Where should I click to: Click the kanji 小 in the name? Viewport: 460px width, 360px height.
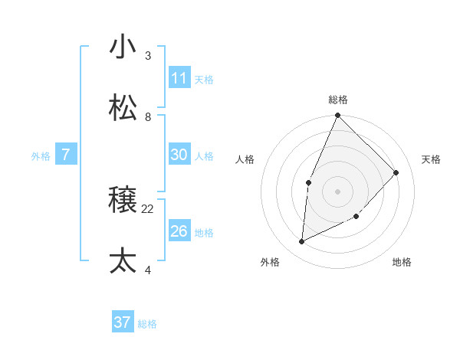(123, 47)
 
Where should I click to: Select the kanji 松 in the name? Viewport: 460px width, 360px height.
(123, 108)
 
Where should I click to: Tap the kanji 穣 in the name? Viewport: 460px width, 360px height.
(123, 200)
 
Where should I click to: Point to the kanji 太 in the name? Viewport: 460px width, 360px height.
(123, 261)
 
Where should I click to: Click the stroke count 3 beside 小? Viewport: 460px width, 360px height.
(148, 55)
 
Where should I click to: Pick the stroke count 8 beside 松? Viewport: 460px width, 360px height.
(148, 116)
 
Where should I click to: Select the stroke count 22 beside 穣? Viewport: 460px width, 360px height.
(148, 208)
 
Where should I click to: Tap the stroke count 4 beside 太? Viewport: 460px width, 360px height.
(148, 270)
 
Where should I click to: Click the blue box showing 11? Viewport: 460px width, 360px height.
(179, 78)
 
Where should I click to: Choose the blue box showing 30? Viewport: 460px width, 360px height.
(179, 155)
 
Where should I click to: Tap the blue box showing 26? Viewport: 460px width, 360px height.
(179, 231)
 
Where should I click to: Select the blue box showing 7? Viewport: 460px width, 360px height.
(66, 155)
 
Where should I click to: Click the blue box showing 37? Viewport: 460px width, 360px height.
(123, 322)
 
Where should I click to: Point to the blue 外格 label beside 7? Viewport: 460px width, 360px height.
(41, 156)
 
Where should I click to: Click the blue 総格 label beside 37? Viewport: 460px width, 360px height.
(147, 324)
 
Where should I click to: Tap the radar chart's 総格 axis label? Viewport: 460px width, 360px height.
(338, 100)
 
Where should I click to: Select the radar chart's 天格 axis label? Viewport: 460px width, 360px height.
(431, 159)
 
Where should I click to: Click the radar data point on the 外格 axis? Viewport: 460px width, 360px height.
(302, 242)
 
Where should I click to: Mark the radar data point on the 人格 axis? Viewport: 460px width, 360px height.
(308, 182)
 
